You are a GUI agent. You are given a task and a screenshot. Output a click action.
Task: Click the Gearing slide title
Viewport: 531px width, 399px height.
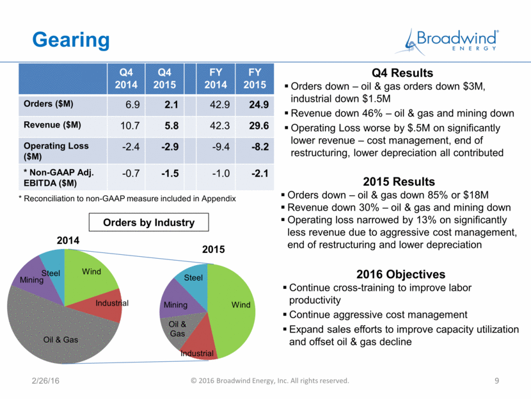point(71,40)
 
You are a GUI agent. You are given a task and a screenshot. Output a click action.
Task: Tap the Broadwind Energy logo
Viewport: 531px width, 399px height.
point(447,42)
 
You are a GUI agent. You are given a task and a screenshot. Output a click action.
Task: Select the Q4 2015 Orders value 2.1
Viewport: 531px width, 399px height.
point(171,104)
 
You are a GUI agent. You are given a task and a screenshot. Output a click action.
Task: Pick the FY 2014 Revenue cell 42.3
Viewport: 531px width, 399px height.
point(220,126)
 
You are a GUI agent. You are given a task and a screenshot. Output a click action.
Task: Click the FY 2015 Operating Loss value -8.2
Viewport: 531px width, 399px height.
point(260,147)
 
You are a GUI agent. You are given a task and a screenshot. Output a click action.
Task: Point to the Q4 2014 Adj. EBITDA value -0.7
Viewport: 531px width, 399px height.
point(131,173)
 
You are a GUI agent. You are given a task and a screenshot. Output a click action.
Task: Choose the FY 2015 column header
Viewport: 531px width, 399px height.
point(255,78)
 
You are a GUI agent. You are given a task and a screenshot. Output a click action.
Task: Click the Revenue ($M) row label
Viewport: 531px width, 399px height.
point(52,125)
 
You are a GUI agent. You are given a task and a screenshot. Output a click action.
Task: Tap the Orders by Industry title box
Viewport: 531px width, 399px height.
point(148,222)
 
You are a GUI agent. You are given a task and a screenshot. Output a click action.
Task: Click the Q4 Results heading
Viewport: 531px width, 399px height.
point(402,73)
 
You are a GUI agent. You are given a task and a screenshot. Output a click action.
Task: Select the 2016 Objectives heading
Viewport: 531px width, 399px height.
point(400,274)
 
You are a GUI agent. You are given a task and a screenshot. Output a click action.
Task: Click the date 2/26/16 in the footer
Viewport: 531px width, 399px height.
point(45,380)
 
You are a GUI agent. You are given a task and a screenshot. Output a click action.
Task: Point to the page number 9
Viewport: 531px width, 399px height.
point(497,380)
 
